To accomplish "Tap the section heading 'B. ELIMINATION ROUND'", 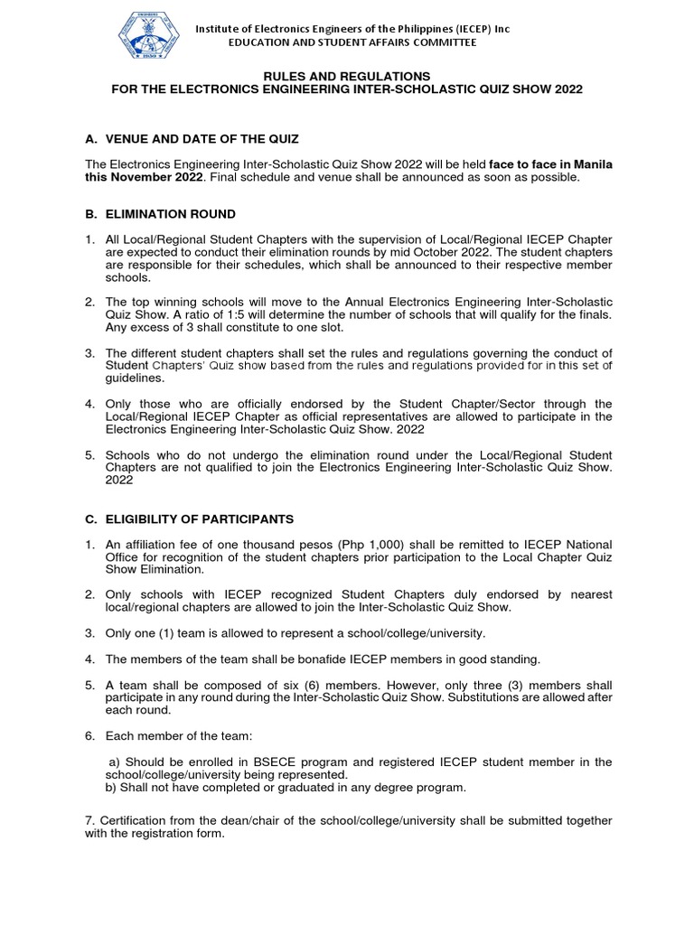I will click(160, 214).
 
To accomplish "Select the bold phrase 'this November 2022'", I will click(144, 177).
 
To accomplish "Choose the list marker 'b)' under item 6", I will click(114, 788).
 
